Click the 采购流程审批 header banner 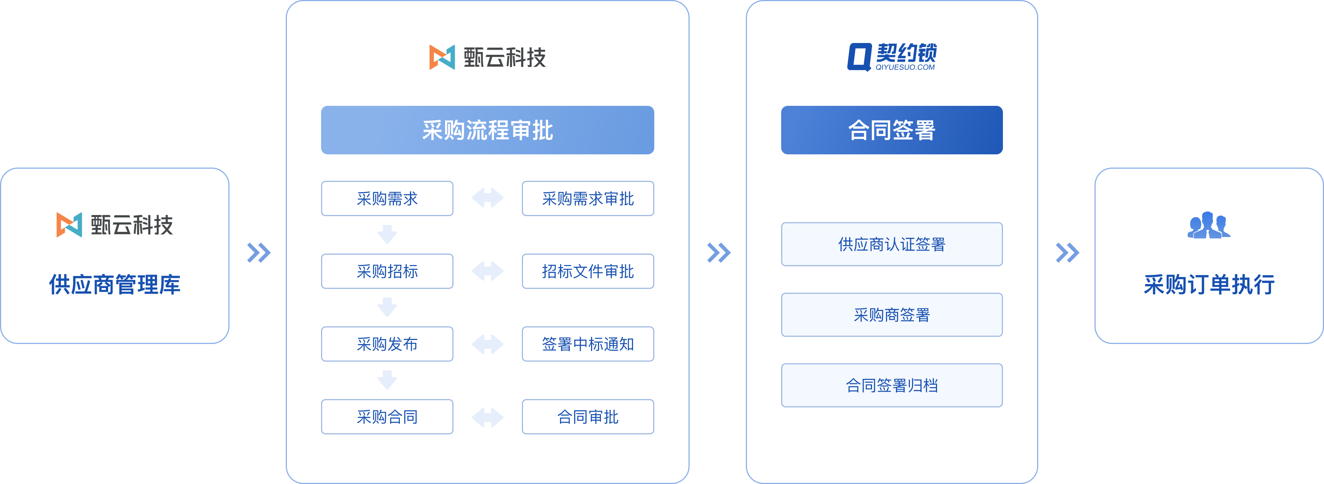click(487, 130)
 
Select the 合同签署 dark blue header click(892, 130)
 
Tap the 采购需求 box click(387, 198)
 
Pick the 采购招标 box click(387, 271)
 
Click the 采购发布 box click(387, 344)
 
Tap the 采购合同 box click(387, 417)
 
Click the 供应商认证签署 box click(892, 244)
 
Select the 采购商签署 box click(892, 315)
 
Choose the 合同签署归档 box click(892, 386)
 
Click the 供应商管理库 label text click(115, 284)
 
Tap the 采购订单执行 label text click(1209, 284)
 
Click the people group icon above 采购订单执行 click(1209, 225)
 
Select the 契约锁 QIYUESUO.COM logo click(892, 57)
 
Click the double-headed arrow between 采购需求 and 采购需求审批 click(487, 198)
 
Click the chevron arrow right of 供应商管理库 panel click(259, 252)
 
